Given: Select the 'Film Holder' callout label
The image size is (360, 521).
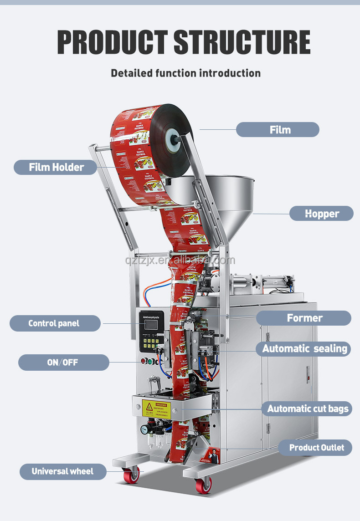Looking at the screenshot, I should (56, 167).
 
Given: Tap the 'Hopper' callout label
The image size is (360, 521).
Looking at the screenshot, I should (322, 214).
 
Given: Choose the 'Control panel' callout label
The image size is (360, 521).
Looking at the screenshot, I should (54, 323).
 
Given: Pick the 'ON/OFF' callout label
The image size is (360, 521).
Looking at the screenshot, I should (63, 363).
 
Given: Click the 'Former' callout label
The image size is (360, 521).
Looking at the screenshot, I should (304, 318).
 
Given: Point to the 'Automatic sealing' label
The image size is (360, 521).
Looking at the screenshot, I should (305, 349).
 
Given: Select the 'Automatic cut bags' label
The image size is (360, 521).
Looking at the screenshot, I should (308, 409).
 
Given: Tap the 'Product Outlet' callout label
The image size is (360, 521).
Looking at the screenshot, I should (316, 448).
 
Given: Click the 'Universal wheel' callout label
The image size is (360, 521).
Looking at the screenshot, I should (62, 471).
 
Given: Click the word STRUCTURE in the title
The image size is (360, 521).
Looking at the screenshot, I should (242, 43).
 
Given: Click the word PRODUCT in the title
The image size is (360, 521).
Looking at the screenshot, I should (112, 43).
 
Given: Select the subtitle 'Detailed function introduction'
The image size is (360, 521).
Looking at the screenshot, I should (186, 73).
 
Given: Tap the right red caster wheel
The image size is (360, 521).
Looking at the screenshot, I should (203, 485).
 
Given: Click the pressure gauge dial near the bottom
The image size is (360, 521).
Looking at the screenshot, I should (144, 429).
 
